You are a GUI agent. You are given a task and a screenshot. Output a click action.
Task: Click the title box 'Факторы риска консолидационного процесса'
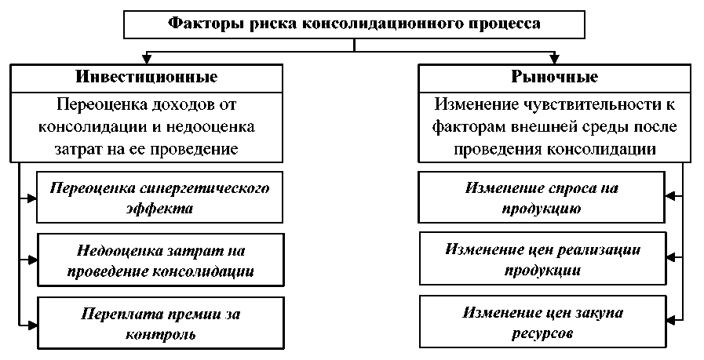(355, 24)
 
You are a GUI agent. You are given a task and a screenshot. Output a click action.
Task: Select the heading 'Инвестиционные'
(147, 78)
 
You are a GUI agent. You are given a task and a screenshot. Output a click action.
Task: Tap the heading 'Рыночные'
(555, 78)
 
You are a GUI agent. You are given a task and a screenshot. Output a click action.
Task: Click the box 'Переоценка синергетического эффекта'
(159, 198)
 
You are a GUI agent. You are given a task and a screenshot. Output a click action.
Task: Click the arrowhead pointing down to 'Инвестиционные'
(146, 59)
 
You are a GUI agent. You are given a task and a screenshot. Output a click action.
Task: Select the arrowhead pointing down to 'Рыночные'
(554, 59)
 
